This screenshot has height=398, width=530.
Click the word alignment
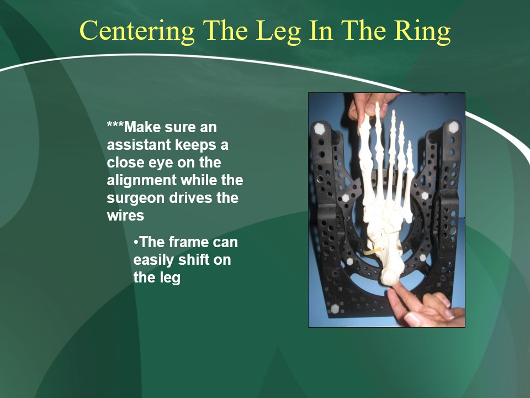142,180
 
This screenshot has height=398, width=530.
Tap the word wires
125,215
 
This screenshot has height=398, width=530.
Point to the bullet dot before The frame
136,242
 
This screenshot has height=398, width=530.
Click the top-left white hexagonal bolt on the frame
320,129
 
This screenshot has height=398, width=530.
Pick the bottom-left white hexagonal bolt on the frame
335,308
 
